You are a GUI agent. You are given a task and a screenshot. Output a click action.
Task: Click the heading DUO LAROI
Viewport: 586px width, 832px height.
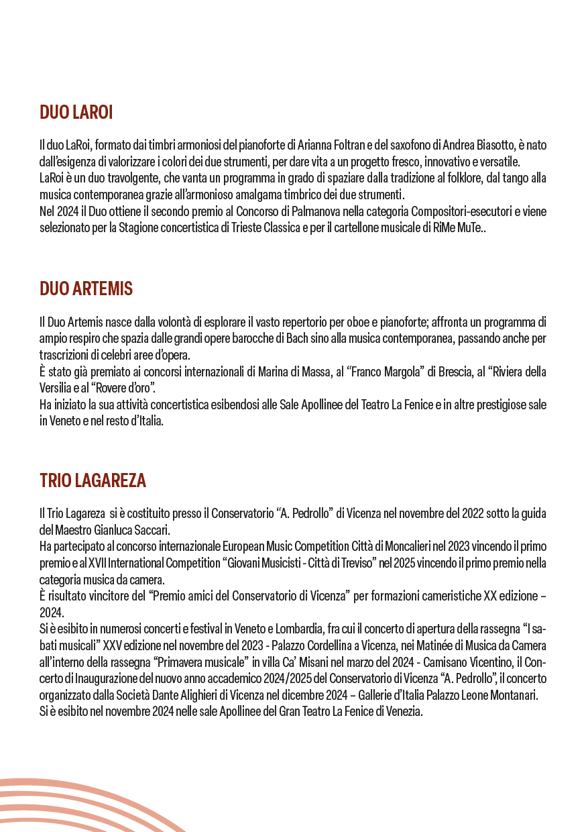pyautogui.click(x=76, y=113)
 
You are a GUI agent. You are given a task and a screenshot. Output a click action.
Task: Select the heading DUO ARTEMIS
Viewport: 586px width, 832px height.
pyautogui.click(x=86, y=289)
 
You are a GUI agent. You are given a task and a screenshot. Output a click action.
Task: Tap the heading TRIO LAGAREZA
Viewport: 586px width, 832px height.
pyautogui.click(x=93, y=480)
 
